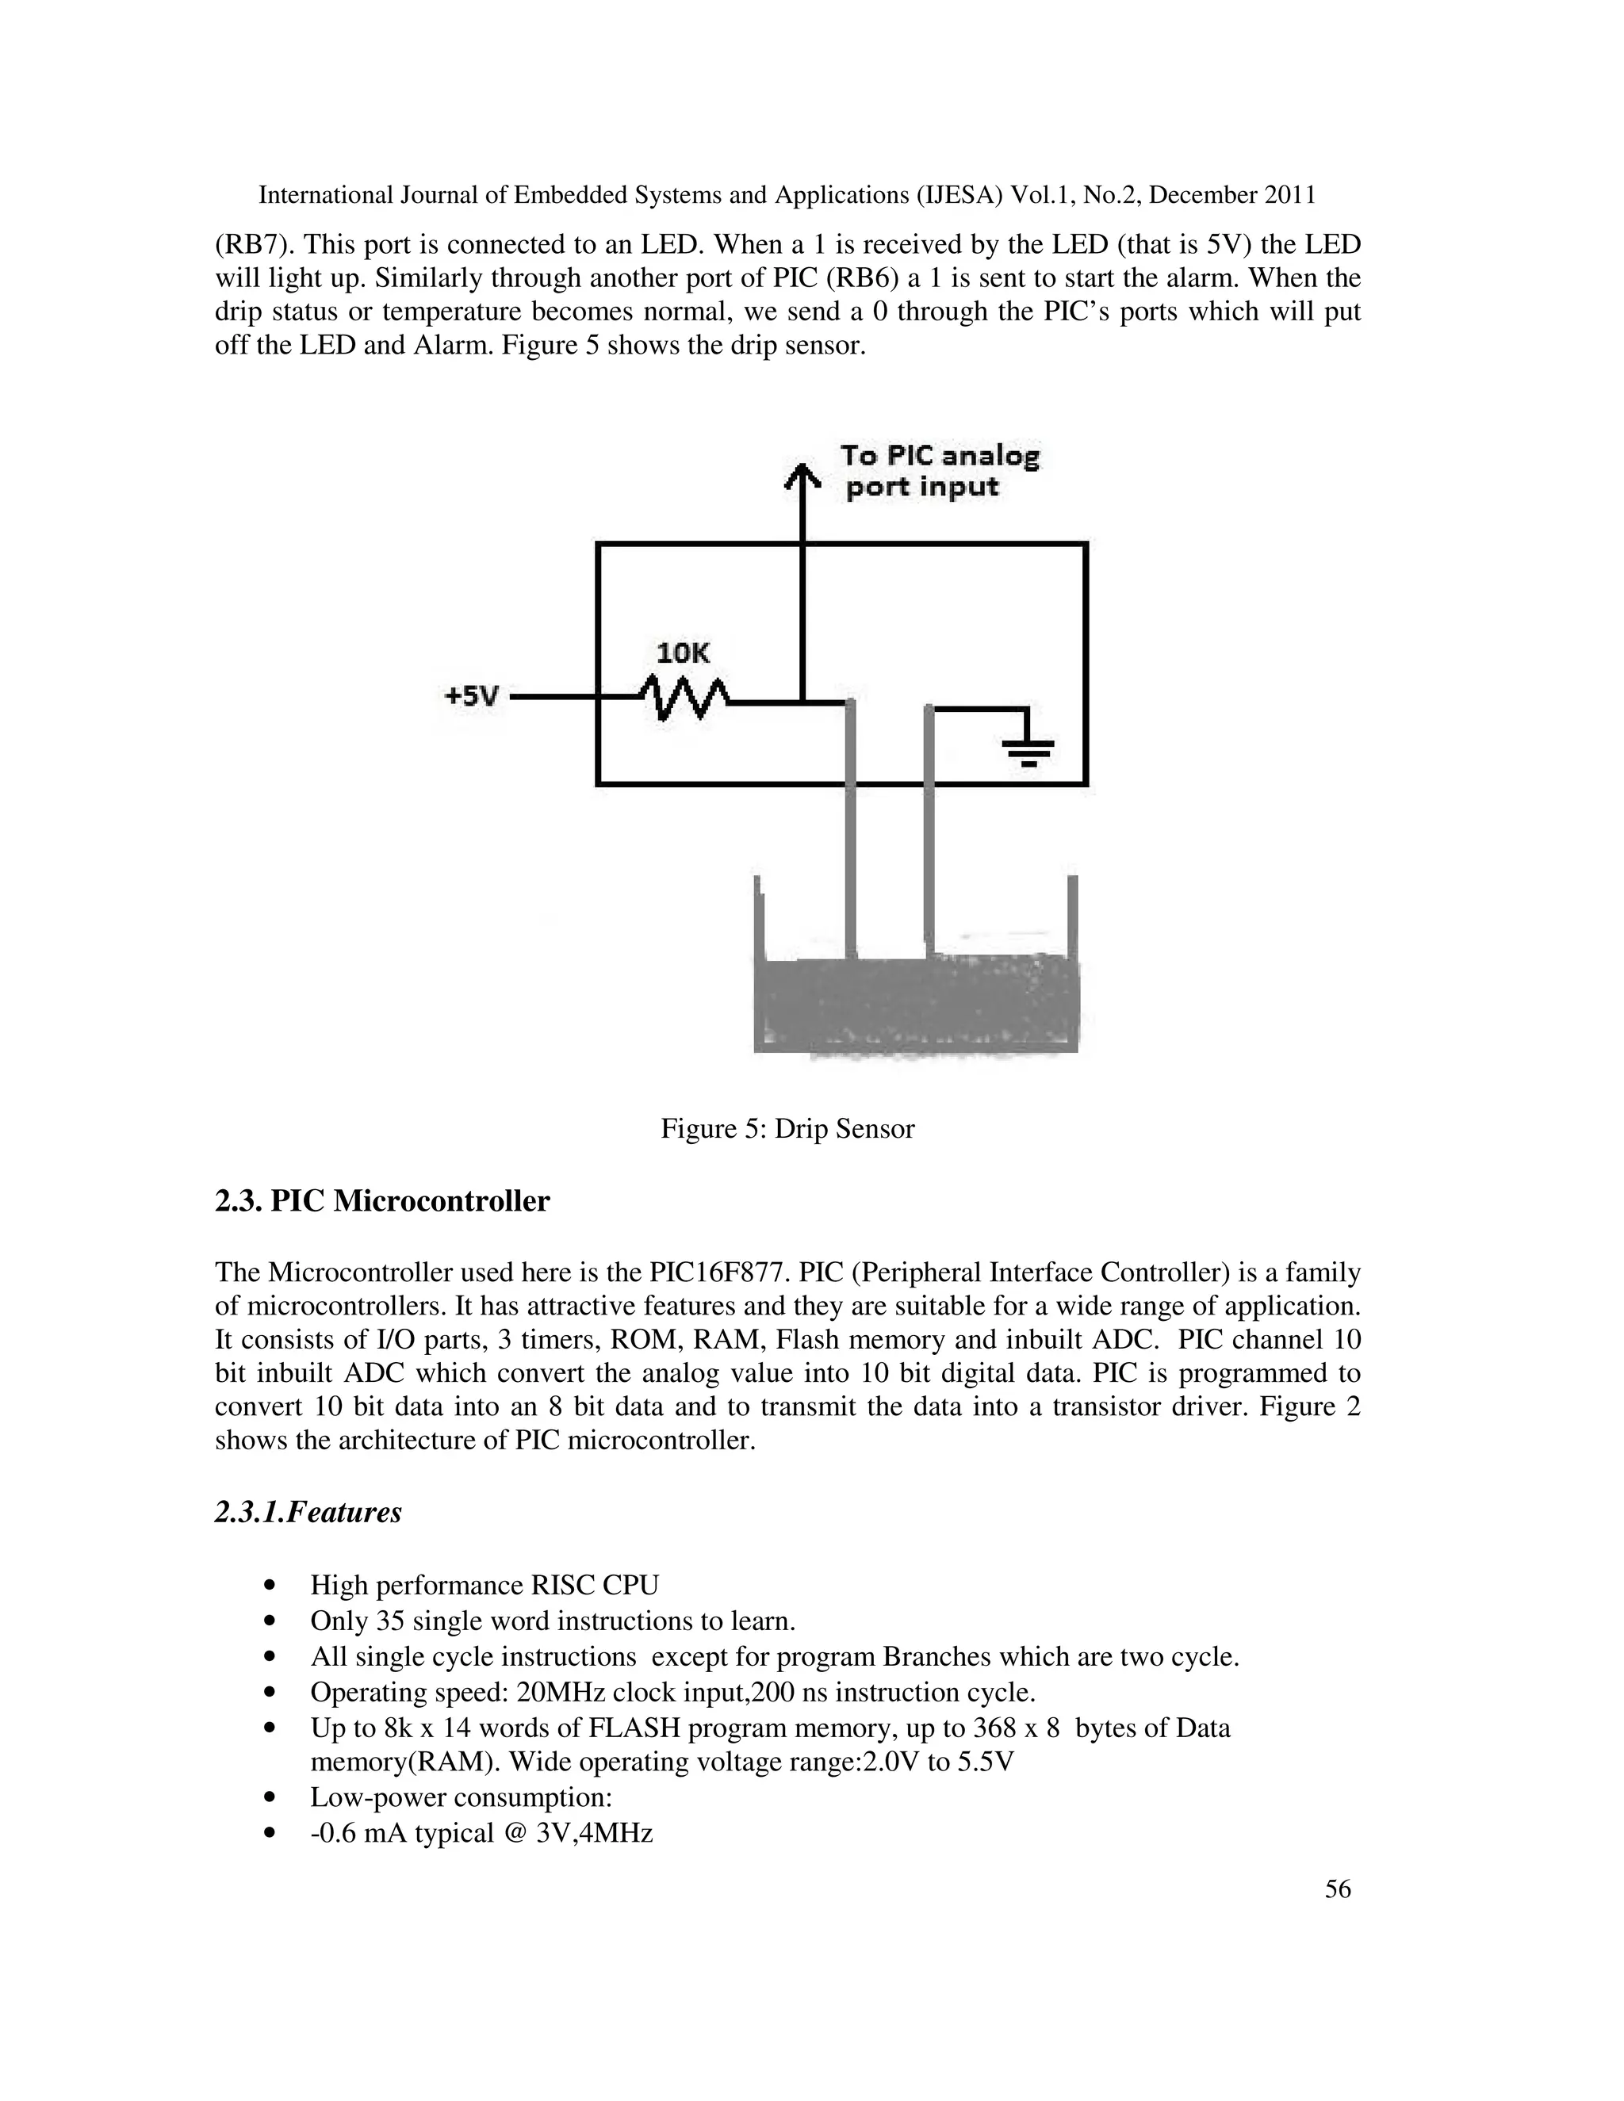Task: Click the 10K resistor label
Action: click(x=682, y=653)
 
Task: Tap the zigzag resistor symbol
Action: click(x=684, y=696)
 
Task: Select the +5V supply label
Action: click(x=472, y=695)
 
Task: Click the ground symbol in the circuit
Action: click(x=1028, y=749)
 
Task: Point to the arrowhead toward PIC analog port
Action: click(x=802, y=474)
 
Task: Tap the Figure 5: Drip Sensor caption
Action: click(x=787, y=1128)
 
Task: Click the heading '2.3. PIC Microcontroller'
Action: click(x=382, y=1201)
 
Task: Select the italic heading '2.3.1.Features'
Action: click(x=308, y=1512)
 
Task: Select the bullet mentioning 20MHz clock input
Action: click(x=672, y=1692)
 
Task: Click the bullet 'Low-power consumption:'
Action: click(x=461, y=1798)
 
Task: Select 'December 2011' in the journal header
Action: click(x=1232, y=195)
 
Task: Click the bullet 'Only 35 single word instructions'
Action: click(x=552, y=1621)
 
